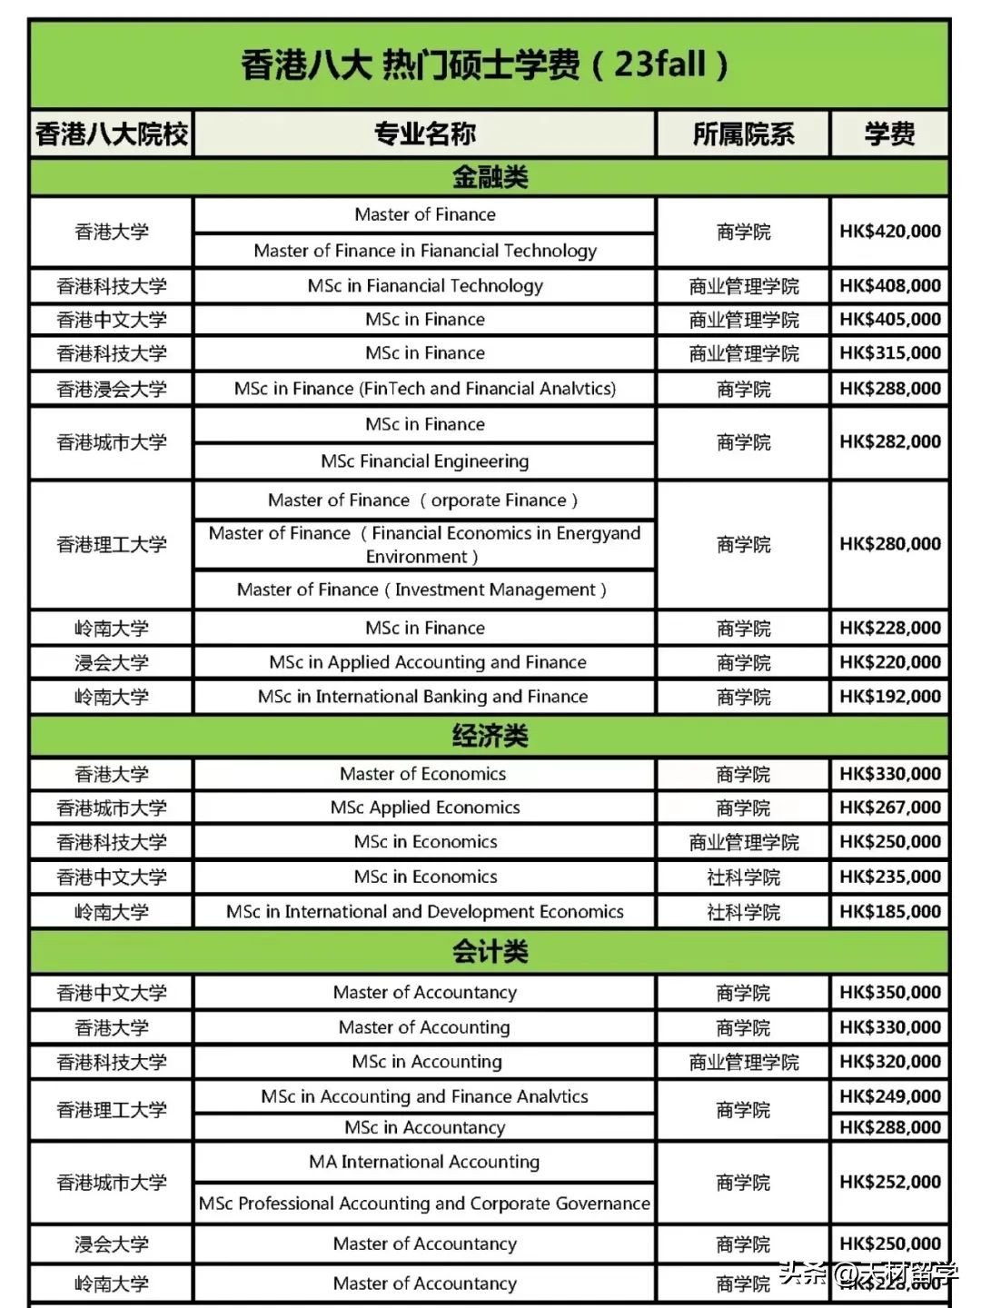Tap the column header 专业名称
[x=424, y=134]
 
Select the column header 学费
[x=889, y=134]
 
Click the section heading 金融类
[x=490, y=176]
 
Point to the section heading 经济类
[x=490, y=735]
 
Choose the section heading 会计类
[x=490, y=951]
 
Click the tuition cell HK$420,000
[x=889, y=232]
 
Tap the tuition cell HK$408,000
[x=889, y=286]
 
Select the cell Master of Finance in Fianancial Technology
[x=425, y=251]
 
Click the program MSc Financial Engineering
[x=424, y=461]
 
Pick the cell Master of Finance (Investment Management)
[x=422, y=590]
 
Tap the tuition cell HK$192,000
[x=889, y=697]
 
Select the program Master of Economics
[x=423, y=774]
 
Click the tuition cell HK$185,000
[x=889, y=911]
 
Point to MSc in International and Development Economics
[x=424, y=911]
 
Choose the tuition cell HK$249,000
[x=889, y=1096]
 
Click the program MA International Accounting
[x=424, y=1162]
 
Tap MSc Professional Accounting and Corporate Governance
[x=424, y=1204]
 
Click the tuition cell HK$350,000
[x=889, y=993]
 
